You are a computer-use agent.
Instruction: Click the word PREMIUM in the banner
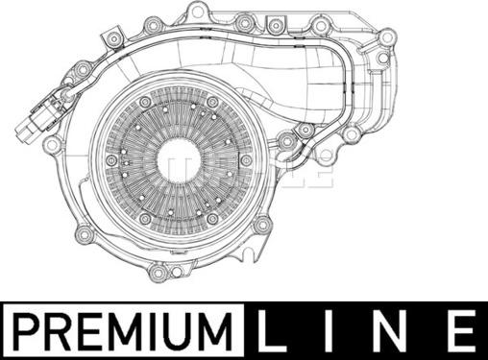pyautogui.click(x=123, y=330)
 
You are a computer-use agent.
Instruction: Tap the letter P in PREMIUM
pyautogui.click(x=27, y=330)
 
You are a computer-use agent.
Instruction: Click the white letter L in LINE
pyautogui.click(x=269, y=330)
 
